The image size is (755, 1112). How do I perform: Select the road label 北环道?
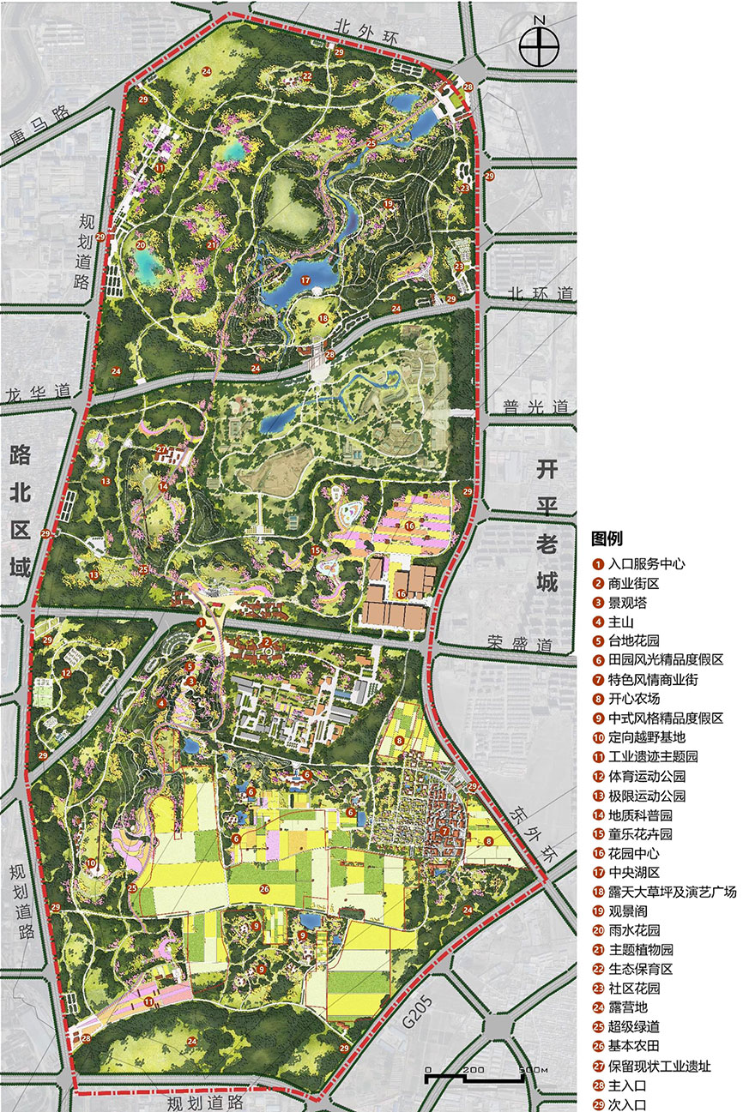[x=540, y=293]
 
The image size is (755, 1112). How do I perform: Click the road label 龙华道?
[x=37, y=391]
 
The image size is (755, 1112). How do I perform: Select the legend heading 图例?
[x=607, y=539]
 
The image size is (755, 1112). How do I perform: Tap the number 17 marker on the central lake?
[x=305, y=280]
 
